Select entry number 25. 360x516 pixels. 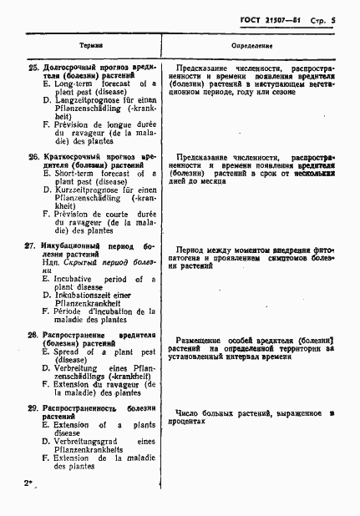coord(33,67)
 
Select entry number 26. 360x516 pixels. coord(33,156)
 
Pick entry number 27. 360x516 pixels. coord(33,247)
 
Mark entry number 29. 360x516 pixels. coord(33,407)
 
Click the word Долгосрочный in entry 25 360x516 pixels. coord(70,67)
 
